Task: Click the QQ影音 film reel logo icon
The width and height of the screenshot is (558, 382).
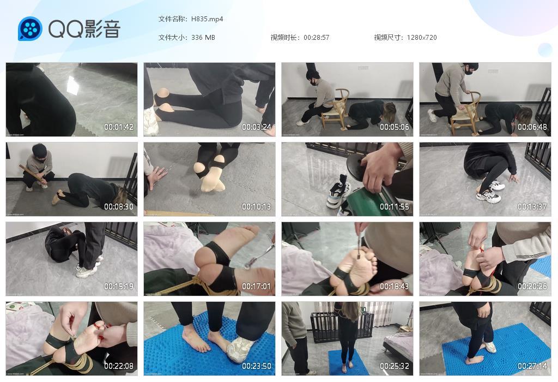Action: pyautogui.click(x=30, y=28)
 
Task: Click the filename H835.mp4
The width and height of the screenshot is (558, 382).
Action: pyautogui.click(x=207, y=19)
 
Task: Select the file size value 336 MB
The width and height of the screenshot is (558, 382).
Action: pyautogui.click(x=203, y=38)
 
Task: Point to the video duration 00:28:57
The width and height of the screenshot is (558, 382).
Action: pyautogui.click(x=317, y=38)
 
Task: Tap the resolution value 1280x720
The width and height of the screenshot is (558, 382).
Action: pyautogui.click(x=422, y=38)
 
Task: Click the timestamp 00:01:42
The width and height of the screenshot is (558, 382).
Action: pyautogui.click(x=119, y=127)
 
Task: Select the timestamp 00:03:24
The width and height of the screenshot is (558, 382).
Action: pyautogui.click(x=257, y=127)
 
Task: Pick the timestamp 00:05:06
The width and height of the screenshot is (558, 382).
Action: pyautogui.click(x=395, y=127)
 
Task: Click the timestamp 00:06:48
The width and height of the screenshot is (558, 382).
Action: pyautogui.click(x=532, y=127)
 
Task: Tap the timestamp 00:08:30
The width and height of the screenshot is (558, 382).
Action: pyautogui.click(x=119, y=207)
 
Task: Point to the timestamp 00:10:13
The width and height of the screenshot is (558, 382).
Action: pyautogui.click(x=257, y=207)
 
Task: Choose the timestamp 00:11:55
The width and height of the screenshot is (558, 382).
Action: pyautogui.click(x=395, y=207)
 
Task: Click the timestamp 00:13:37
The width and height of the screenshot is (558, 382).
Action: pyautogui.click(x=532, y=207)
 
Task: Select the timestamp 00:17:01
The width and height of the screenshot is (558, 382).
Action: pyautogui.click(x=257, y=286)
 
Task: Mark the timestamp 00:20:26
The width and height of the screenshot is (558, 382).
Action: pyautogui.click(x=532, y=286)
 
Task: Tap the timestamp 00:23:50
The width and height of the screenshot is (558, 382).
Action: pyautogui.click(x=257, y=366)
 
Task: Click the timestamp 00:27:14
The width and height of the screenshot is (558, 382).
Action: pyautogui.click(x=532, y=366)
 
